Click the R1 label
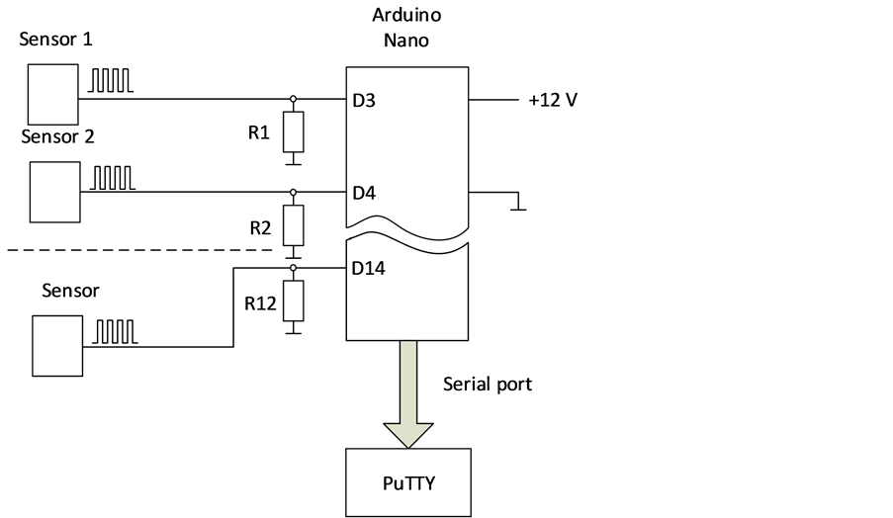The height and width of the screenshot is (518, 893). (x=258, y=132)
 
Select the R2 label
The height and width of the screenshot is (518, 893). (x=260, y=228)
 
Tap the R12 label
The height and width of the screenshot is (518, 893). (x=260, y=303)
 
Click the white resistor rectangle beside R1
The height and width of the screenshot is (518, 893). (x=293, y=132)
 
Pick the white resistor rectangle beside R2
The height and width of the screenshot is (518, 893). (x=293, y=225)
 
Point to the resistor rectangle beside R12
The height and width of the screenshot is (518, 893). (x=293, y=301)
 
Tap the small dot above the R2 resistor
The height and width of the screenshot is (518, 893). (x=294, y=192)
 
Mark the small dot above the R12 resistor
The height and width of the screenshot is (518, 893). (x=294, y=268)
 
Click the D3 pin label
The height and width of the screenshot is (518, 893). (x=364, y=101)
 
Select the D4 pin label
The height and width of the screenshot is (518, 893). (x=364, y=193)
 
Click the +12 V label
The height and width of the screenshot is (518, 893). (x=552, y=101)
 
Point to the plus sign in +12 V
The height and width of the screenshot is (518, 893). (x=534, y=101)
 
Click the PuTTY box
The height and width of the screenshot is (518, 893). (x=408, y=482)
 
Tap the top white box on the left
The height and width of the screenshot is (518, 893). (x=52, y=94)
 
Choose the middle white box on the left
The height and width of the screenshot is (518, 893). (x=54, y=192)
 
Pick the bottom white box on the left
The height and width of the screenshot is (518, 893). (x=57, y=346)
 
